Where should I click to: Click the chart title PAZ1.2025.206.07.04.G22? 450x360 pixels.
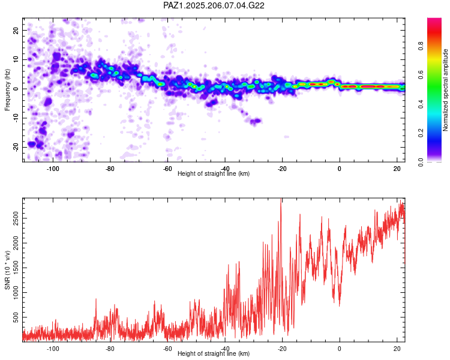[x=214, y=5]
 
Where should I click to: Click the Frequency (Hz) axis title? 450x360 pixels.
[x=7, y=90]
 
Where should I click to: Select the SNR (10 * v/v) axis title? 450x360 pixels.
[x=7, y=271]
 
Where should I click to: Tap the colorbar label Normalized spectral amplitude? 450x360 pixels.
[x=445, y=90]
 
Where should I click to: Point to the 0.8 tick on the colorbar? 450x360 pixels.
[x=421, y=46]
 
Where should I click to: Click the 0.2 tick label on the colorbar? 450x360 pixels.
[x=421, y=133]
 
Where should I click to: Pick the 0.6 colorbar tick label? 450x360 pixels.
[x=421, y=75]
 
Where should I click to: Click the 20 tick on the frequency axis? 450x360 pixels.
[x=16, y=30]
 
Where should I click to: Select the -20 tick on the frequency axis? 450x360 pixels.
[x=16, y=147]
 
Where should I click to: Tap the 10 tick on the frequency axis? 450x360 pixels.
[x=16, y=59]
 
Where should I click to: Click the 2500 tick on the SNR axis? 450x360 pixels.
[x=16, y=218]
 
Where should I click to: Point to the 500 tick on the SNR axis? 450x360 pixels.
[x=16, y=317]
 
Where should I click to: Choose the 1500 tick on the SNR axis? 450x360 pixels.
[x=16, y=268]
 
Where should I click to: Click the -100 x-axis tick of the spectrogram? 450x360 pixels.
[x=53, y=169]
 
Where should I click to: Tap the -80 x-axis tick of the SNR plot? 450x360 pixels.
[x=110, y=349]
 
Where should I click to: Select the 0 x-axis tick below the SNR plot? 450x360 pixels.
[x=340, y=349]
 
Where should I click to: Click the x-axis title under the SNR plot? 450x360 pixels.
[x=214, y=353]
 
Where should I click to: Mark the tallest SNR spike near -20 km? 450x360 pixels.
[x=281, y=199]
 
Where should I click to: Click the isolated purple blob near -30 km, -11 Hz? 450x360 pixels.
[x=255, y=121]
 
